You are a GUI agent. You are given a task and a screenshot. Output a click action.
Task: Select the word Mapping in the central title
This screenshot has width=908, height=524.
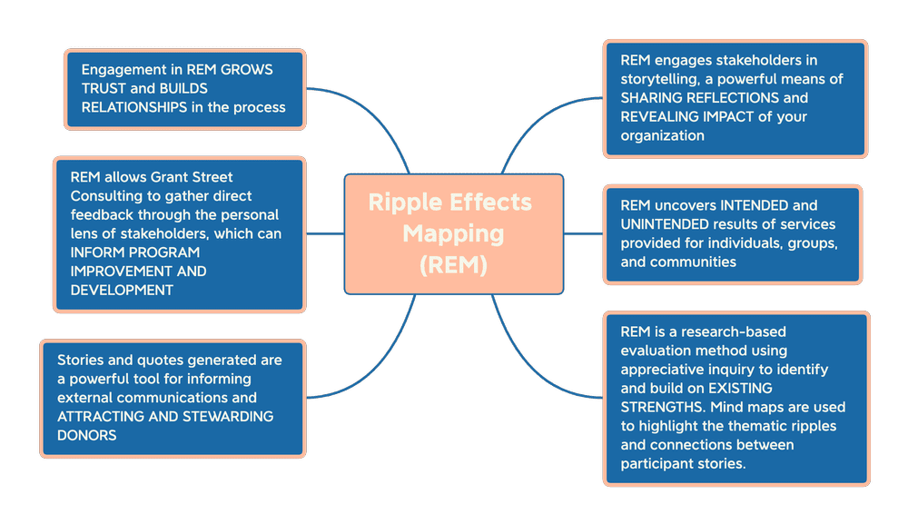(x=453, y=234)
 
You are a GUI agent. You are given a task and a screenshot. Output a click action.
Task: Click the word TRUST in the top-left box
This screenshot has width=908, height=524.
(x=103, y=88)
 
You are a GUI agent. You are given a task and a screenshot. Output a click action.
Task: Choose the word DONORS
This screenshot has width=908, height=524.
(x=88, y=435)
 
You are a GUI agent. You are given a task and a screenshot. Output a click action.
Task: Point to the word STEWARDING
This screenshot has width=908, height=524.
(x=228, y=416)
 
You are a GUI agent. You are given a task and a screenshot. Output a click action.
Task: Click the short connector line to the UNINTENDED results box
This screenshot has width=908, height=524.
(x=582, y=234)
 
